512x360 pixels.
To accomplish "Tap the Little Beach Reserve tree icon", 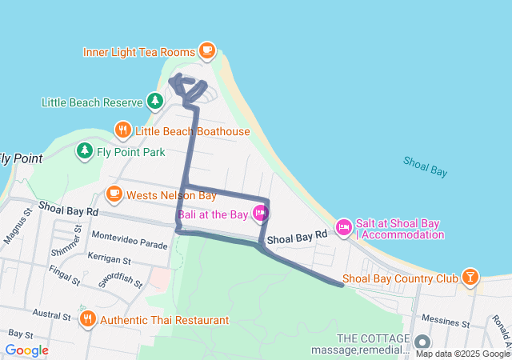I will pyautogui.click(x=154, y=102).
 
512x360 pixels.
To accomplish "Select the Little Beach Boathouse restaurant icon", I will pyautogui.click(x=122, y=130).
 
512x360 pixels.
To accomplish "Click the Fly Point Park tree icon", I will pyautogui.click(x=84, y=150).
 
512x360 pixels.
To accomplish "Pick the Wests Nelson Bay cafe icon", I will pyautogui.click(x=114, y=194).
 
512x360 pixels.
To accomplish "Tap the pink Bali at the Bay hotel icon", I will pyautogui.click(x=260, y=213).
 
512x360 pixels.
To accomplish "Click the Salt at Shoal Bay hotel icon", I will pyautogui.click(x=344, y=228).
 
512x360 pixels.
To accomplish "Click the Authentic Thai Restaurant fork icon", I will pyautogui.click(x=88, y=319).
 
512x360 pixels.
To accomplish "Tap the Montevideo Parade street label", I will pyautogui.click(x=130, y=237).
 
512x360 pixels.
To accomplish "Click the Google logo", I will pyautogui.click(x=26, y=350).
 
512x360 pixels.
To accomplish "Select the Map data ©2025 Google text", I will pyautogui.click(x=462, y=354).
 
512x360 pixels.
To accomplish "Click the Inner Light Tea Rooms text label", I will pyautogui.click(x=139, y=52).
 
